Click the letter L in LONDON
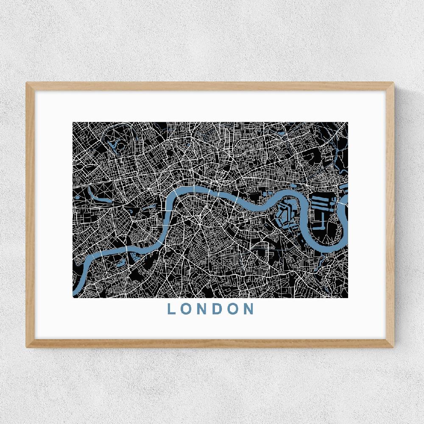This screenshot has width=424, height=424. point(171,309)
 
